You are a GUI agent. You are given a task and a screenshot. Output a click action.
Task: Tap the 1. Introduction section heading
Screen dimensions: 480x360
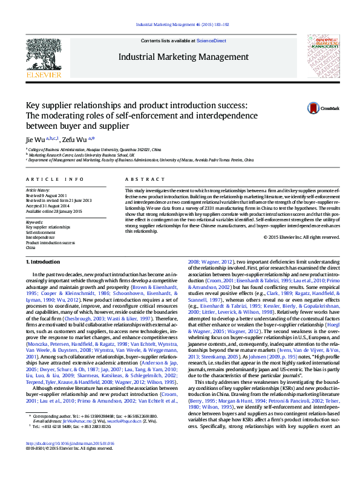[43, 262]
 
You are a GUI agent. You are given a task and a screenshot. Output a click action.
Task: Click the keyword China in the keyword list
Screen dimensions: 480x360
[30, 247]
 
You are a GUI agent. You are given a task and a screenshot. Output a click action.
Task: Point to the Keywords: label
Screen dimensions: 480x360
[34, 222]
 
